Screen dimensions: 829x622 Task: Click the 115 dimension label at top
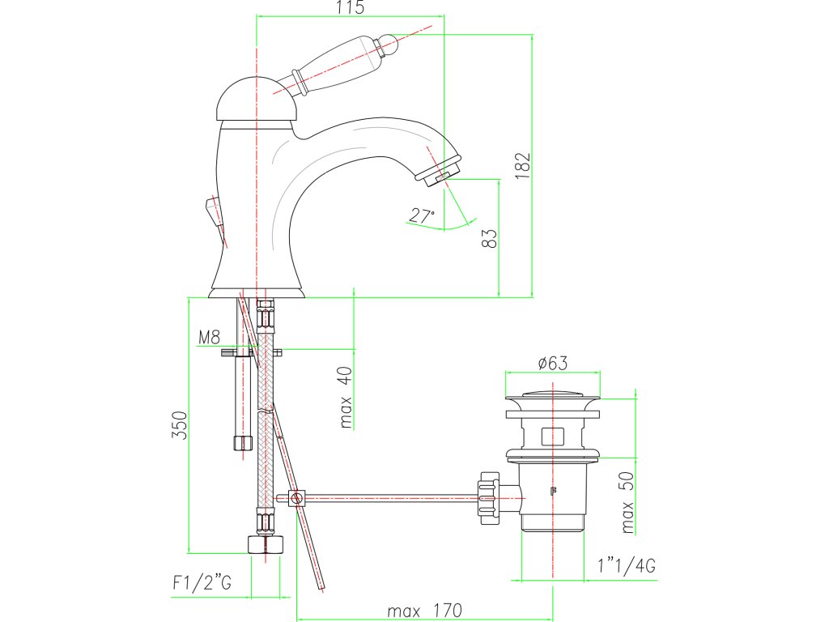coord(350,7)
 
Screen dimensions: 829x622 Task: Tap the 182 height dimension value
coord(523,165)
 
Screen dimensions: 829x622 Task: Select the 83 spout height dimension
coord(490,238)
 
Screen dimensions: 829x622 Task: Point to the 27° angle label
coord(421,215)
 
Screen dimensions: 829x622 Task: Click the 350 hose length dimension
coord(179,424)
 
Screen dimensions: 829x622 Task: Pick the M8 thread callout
coord(209,337)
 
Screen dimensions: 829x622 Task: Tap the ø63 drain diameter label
coord(552,364)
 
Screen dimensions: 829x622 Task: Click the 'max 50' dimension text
coord(627,502)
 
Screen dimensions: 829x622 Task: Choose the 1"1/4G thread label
coord(627,565)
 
